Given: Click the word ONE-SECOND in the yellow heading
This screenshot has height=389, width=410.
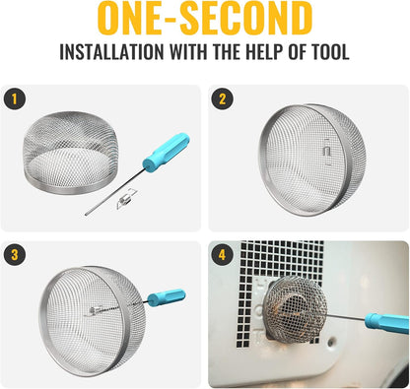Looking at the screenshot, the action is (205, 18).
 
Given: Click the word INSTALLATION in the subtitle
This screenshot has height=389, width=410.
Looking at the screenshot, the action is (111, 51).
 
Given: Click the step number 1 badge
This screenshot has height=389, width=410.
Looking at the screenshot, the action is (15, 99).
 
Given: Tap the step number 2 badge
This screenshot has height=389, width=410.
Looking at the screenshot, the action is (223, 99).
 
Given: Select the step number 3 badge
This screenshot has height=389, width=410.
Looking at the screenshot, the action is (15, 255).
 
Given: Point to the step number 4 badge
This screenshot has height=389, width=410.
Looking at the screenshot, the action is (223, 255).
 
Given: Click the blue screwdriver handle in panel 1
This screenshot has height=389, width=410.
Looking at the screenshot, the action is (166, 153).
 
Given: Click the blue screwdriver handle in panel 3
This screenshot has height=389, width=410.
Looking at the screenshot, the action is (167, 297).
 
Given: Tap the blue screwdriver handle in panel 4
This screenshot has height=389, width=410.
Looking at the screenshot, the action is (387, 323).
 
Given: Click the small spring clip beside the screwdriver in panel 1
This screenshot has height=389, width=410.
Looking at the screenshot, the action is (125, 199).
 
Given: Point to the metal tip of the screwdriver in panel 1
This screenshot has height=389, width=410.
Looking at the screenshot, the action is (87, 215).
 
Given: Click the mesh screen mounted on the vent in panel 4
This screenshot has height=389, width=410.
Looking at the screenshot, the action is (295, 309).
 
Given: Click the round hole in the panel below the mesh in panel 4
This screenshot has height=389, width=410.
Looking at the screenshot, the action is (331, 342).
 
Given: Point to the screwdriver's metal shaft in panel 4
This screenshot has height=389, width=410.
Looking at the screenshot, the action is (346, 317).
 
